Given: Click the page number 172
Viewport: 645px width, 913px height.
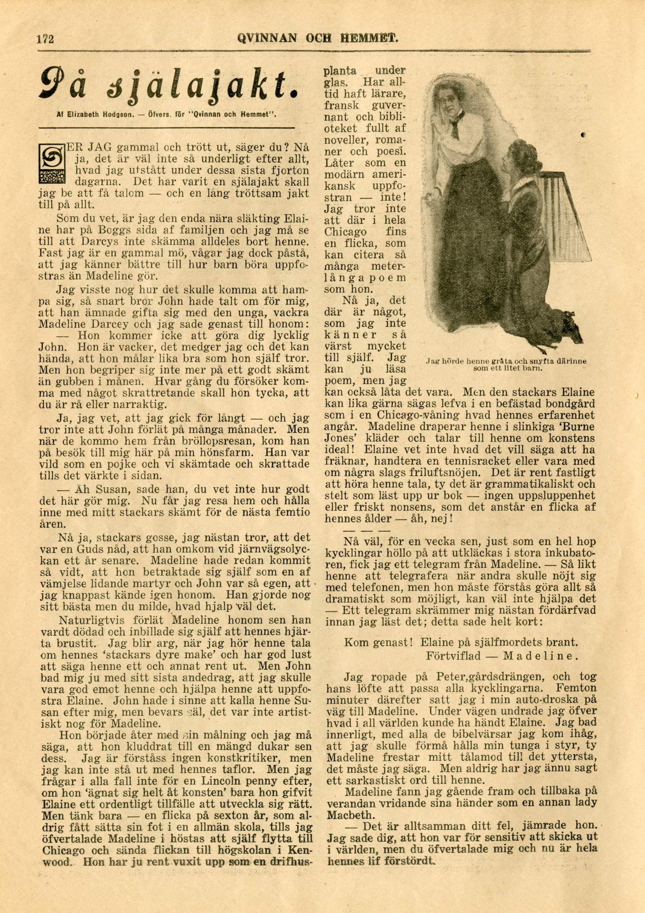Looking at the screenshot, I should pos(45,39).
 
